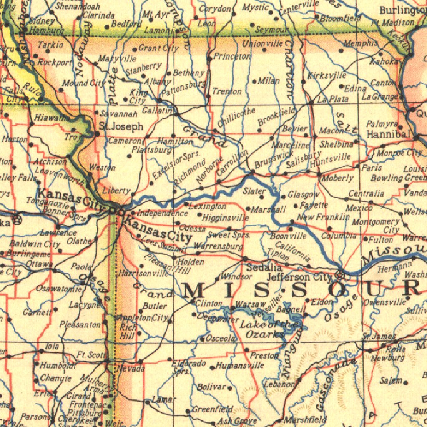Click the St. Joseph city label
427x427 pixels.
(121, 126)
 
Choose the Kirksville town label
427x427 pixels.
(327, 75)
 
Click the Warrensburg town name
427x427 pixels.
(218, 246)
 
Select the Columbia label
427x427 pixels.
(339, 236)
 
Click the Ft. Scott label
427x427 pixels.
(91, 355)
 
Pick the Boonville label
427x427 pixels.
(288, 236)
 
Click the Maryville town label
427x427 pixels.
(117, 58)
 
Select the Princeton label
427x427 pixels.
(232, 56)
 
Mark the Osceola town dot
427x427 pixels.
(202, 339)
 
